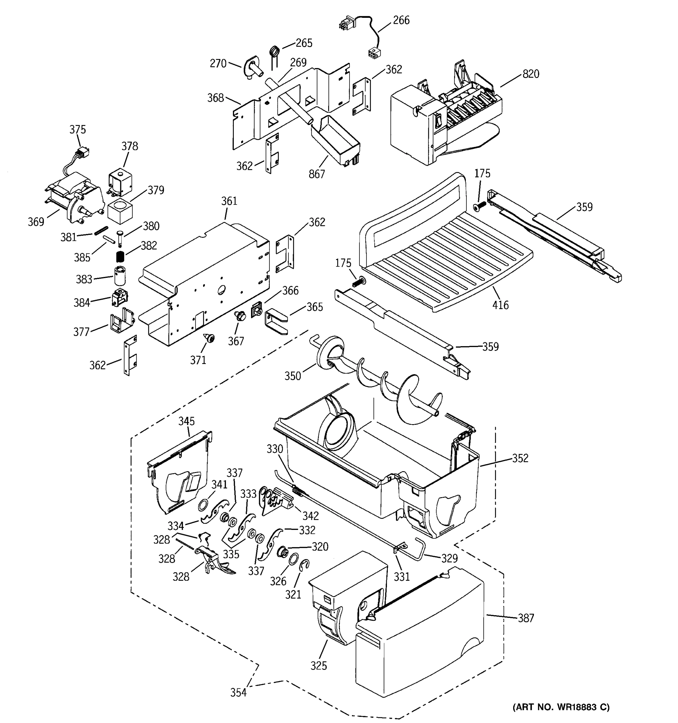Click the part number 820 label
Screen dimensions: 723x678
pyautogui.click(x=530, y=74)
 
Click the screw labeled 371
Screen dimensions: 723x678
pyautogui.click(x=210, y=339)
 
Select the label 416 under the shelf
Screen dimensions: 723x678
pyautogui.click(x=500, y=305)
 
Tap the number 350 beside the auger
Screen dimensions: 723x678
pyautogui.click(x=292, y=376)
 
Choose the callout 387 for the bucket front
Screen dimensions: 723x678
pyautogui.click(x=526, y=618)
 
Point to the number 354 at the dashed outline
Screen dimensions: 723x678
pyautogui.click(x=238, y=693)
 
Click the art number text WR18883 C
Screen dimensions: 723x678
pyautogui.click(x=560, y=707)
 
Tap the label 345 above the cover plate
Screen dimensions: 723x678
pyautogui.click(x=186, y=421)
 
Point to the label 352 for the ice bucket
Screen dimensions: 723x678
pyautogui.click(x=520, y=458)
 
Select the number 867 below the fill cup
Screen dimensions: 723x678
pyautogui.click(x=316, y=174)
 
